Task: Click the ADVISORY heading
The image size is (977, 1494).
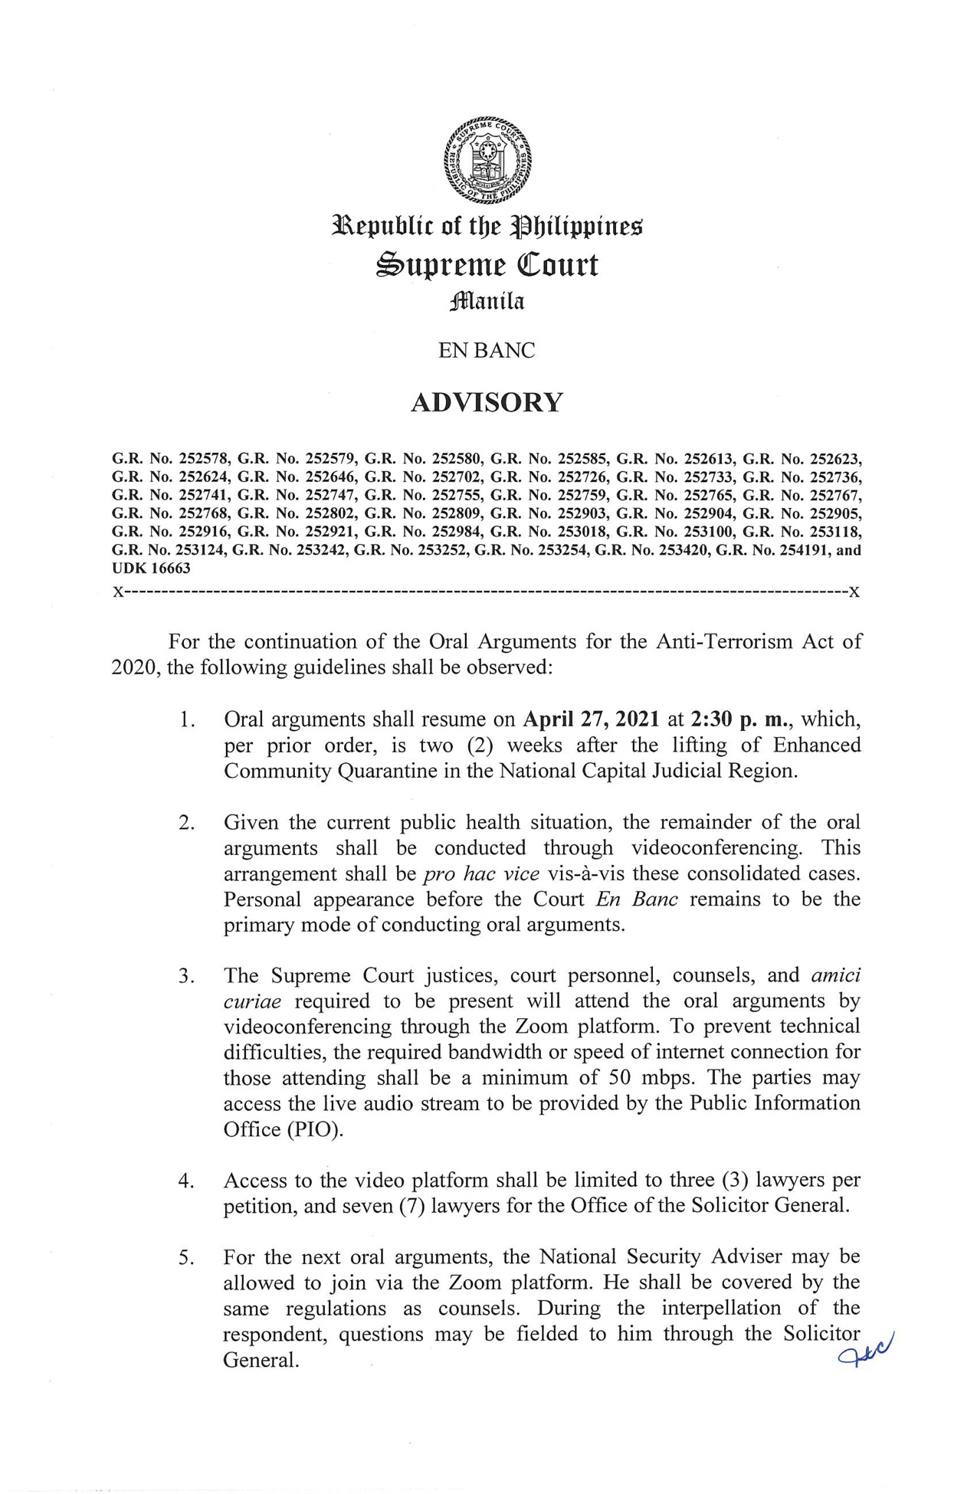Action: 487,402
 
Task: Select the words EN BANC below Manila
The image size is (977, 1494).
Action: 487,351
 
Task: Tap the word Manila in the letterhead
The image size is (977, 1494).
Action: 487,301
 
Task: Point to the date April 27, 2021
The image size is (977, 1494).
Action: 591,719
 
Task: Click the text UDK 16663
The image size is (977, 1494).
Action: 151,568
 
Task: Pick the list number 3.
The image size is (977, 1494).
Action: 185,976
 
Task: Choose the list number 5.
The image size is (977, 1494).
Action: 185,1257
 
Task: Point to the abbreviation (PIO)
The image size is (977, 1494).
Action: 314,1129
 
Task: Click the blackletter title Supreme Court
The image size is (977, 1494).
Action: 487,265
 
